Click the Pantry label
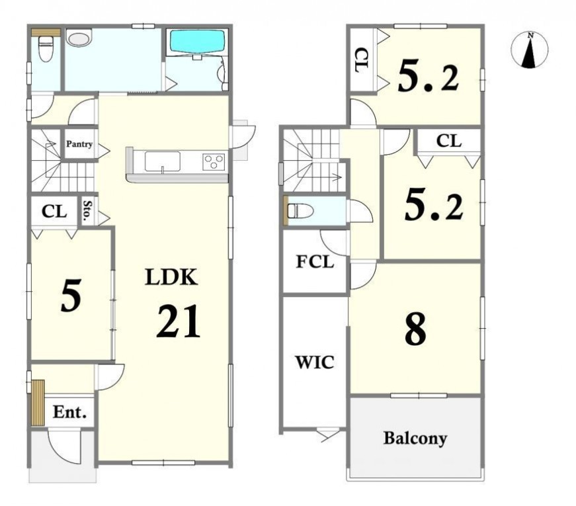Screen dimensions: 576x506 coord(79,144)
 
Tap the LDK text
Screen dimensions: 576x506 coord(171,277)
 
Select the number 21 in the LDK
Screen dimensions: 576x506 coord(179,321)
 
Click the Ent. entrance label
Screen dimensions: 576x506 coord(70,412)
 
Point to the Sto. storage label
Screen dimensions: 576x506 coord(87,212)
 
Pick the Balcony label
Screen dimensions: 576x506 coord(415,438)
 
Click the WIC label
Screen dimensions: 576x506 coord(315,362)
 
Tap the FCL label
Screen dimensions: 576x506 coord(315,262)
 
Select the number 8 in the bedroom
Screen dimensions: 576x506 coord(415,329)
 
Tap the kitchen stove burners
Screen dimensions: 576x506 coord(213,161)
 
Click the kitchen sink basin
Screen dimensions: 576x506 coord(163,161)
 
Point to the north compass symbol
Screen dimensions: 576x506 coord(529,50)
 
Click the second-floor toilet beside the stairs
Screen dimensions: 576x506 coord(300,211)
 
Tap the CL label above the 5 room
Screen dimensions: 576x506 coord(54,211)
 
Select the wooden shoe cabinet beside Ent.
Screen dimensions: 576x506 coord(38,402)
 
